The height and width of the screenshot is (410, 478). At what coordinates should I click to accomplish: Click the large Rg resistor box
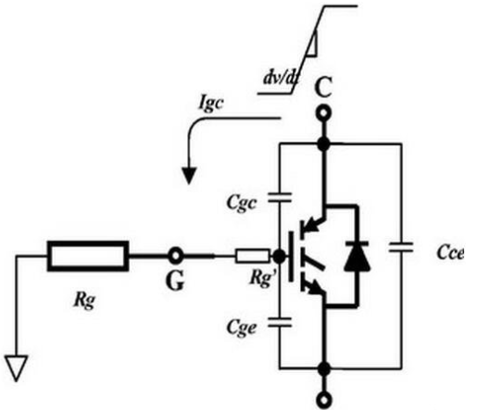[88, 256]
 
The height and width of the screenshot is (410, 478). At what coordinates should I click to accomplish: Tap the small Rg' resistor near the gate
[252, 256]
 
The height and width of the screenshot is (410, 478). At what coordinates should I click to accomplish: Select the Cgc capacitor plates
[280, 198]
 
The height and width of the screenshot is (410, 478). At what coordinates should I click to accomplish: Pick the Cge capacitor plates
[280, 322]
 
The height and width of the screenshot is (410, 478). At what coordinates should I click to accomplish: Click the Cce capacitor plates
[401, 247]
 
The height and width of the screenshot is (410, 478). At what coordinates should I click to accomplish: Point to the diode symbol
[358, 256]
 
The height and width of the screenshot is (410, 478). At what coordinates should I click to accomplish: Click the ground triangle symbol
[16, 368]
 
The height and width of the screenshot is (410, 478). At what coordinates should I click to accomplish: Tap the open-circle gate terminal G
[176, 256]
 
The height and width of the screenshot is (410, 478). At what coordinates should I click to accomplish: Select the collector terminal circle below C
[323, 114]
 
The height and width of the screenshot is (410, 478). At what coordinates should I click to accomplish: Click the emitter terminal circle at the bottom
[323, 400]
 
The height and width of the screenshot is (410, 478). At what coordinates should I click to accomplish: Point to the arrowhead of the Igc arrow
[189, 175]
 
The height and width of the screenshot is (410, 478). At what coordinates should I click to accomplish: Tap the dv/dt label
[281, 78]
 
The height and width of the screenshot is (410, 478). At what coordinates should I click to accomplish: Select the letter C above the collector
[323, 88]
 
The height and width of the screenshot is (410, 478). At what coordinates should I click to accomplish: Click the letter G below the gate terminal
[175, 280]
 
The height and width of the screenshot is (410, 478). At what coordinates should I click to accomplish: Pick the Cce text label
[450, 252]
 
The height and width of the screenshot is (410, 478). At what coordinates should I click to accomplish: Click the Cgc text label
[241, 203]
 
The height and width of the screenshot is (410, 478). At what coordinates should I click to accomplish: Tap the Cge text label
[241, 328]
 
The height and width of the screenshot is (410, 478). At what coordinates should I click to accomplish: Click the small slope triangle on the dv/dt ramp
[312, 44]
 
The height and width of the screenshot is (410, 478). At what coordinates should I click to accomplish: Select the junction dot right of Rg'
[280, 256]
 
